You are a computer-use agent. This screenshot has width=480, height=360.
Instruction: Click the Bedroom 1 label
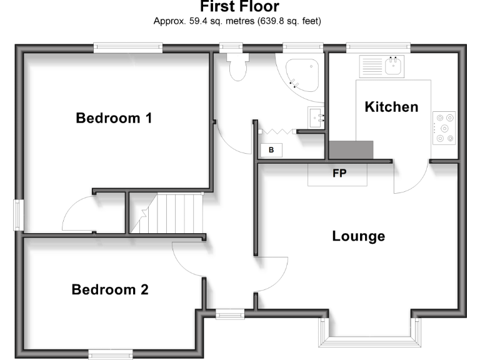[113, 117]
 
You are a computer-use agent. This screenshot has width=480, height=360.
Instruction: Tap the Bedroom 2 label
[110, 289]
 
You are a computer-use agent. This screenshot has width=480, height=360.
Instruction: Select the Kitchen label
[391, 106]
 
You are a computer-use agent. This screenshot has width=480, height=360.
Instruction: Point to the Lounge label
[358, 236]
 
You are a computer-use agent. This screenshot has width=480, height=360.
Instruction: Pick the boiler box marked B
[271, 150]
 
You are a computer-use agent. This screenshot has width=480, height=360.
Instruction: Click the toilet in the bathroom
[237, 67]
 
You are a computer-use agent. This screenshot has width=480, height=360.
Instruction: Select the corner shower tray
[302, 75]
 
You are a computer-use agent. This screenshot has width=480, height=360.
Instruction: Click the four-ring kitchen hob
[444, 129]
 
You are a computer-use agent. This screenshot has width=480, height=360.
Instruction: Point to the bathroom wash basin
[316, 117]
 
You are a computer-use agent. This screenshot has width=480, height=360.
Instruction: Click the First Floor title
[240, 7]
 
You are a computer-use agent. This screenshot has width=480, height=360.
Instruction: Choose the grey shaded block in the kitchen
[351, 150]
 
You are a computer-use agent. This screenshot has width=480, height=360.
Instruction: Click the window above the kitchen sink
[378, 47]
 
